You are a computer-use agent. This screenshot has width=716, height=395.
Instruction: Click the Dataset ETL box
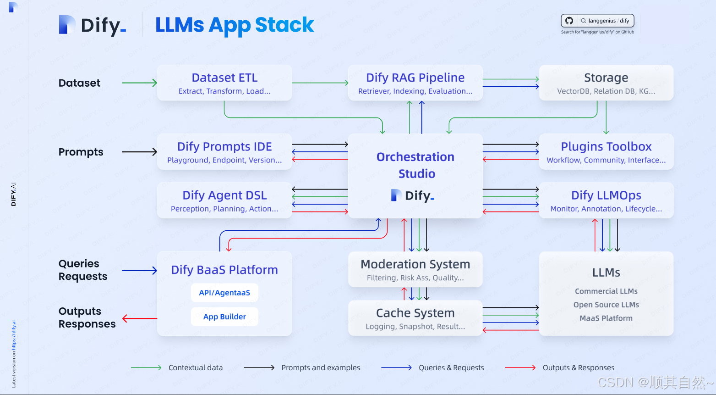point(224,83)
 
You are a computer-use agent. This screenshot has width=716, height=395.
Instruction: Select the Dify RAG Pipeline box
point(415,83)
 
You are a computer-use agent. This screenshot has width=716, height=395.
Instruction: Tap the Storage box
point(606,83)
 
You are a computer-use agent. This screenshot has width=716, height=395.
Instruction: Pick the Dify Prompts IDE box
point(224,152)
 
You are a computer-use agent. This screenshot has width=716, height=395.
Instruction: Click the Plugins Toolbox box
point(606,152)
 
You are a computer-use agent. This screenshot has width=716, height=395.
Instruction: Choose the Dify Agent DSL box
point(224,200)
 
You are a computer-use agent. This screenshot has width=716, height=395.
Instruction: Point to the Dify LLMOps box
point(606,200)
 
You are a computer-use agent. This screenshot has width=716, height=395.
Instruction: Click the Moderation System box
point(415,270)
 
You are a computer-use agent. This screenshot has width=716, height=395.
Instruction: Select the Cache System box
point(415,318)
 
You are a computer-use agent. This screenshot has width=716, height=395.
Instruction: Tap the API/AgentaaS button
point(224,293)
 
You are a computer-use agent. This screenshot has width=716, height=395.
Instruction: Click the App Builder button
point(224,317)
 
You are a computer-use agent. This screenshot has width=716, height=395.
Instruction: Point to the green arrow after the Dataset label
point(139,83)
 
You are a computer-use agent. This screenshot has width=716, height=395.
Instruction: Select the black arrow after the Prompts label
point(139,152)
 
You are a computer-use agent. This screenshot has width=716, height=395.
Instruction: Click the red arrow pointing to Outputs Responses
point(140,318)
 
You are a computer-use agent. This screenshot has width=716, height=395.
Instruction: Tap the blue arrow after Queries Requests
point(139,271)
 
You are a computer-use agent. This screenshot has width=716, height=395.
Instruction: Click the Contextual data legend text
point(196,367)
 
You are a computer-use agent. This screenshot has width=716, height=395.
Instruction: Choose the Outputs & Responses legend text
point(579,367)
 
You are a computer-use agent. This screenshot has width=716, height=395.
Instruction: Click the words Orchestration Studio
point(415,165)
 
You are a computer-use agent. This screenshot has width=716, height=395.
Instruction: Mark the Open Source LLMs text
point(606,305)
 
